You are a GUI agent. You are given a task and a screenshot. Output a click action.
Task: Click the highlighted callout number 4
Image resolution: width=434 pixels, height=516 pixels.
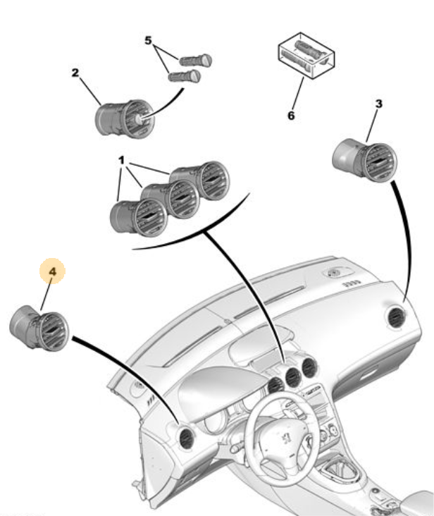[x=52, y=271]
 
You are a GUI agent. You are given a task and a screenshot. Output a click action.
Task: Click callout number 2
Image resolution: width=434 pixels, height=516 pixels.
[x=75, y=73]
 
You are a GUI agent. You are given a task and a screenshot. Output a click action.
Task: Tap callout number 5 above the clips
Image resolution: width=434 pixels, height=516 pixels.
[x=148, y=40]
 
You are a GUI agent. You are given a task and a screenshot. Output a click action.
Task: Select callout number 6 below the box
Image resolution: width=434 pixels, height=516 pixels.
[x=291, y=116]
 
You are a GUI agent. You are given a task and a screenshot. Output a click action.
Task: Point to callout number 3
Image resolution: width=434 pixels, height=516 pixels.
[x=379, y=104]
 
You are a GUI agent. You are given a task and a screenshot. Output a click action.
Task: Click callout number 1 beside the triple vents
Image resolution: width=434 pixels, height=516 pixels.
[x=121, y=160]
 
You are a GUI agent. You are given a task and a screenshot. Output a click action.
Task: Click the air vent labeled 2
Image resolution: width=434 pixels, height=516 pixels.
[x=125, y=118]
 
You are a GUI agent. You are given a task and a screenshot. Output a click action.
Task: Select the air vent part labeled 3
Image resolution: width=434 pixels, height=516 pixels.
[x=365, y=160]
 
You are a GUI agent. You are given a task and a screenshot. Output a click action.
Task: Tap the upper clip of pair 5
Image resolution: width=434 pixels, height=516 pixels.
[x=195, y=60]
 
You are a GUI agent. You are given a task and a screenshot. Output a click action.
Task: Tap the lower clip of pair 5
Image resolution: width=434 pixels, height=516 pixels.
[x=185, y=76]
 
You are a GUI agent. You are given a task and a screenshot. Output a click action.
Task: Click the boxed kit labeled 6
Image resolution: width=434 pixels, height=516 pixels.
[x=306, y=55]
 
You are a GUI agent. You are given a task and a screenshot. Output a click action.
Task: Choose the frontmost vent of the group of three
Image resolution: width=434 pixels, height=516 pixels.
[x=139, y=218]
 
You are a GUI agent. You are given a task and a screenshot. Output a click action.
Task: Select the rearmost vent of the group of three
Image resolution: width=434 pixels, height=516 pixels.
[x=201, y=180]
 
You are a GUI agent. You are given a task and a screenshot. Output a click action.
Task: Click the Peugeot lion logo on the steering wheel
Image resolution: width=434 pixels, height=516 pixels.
[x=287, y=439]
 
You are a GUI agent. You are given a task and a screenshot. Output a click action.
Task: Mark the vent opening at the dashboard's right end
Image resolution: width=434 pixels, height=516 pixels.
[x=395, y=318]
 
